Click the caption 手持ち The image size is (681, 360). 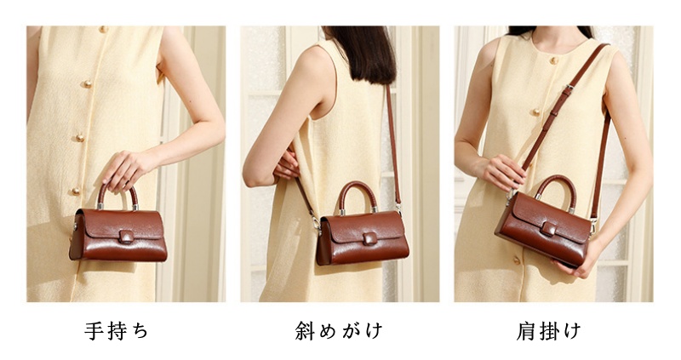(x=117, y=330)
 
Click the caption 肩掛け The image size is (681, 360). (x=550, y=330)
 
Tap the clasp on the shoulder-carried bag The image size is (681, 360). (x=548, y=229)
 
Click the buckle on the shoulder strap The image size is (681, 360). (x=567, y=89)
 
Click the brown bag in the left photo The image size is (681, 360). (x=118, y=234)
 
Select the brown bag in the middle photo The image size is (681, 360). (x=362, y=237)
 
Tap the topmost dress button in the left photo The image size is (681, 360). (x=104, y=30)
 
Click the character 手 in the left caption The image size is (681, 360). (x=94, y=330)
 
